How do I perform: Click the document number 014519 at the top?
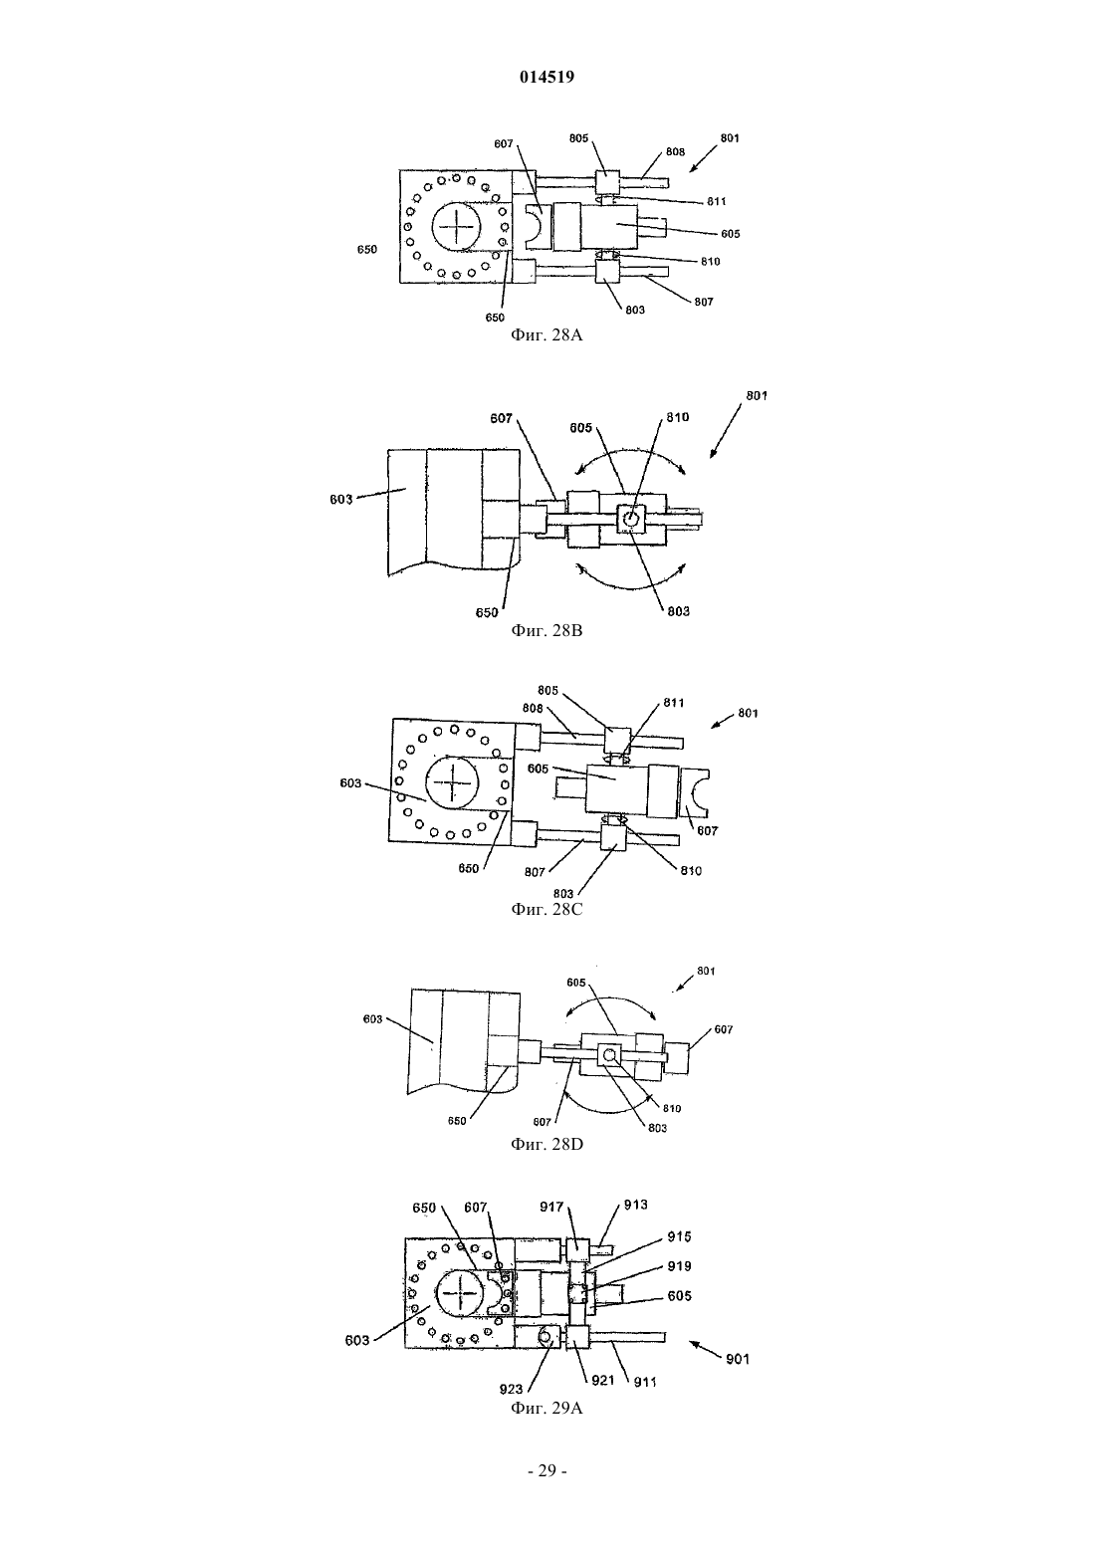pyautogui.click(x=547, y=77)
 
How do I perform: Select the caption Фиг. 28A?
pyautogui.click(x=547, y=335)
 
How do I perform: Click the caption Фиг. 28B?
pyautogui.click(x=547, y=630)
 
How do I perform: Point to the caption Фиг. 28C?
pyautogui.click(x=547, y=909)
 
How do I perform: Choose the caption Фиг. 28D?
pyautogui.click(x=547, y=1144)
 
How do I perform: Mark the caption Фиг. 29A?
pyautogui.click(x=547, y=1408)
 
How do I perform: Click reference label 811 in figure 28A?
pyautogui.click(x=716, y=201)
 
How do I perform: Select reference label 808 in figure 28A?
pyautogui.click(x=675, y=151)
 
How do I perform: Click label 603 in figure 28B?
pyautogui.click(x=340, y=500)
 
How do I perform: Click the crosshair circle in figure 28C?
pyautogui.click(x=453, y=781)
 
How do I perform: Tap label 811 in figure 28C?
pyautogui.click(x=673, y=703)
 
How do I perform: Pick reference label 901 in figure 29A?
pyautogui.click(x=737, y=1359)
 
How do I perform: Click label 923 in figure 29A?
pyautogui.click(x=511, y=1390)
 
